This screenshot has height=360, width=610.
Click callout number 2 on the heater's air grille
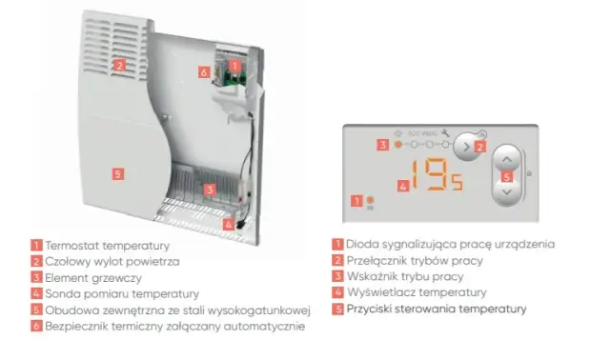coord(119,65)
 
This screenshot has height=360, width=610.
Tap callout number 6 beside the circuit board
coord(204,72)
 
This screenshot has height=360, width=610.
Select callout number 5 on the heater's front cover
coord(118,173)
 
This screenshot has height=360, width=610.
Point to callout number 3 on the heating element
coord(210,190)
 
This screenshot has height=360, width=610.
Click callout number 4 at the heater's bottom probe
coord(229,225)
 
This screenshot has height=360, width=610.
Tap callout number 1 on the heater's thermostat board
coord(234,66)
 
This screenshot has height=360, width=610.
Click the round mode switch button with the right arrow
coord(466,147)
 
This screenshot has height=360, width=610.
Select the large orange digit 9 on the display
coord(437,174)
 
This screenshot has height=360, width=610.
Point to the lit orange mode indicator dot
coord(398,144)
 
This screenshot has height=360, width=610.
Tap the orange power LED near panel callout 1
coord(371,200)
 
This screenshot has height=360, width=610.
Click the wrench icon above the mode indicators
coord(445,133)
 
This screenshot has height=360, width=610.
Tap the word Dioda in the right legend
coord(362,244)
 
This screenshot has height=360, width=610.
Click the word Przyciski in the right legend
coord(369,310)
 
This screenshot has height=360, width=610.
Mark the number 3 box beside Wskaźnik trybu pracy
coord(337,276)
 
